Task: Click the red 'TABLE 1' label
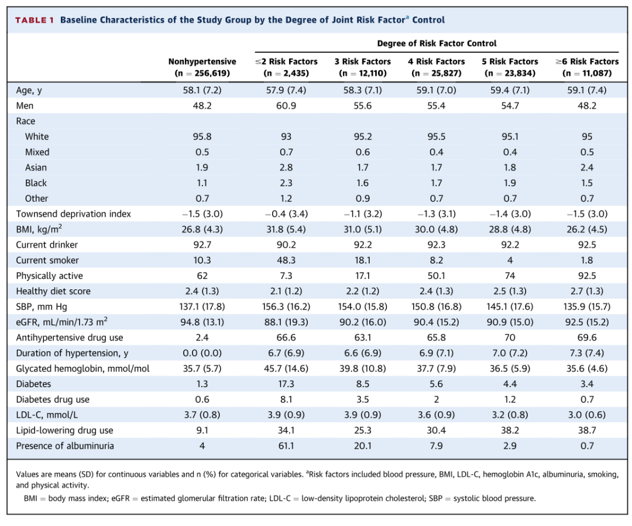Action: tap(35, 20)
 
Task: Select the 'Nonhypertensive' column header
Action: tap(202, 62)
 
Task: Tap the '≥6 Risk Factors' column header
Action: tap(587, 62)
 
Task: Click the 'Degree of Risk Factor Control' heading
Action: tap(437, 43)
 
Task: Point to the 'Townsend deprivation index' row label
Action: tap(73, 214)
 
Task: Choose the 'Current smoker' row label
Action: tap(47, 260)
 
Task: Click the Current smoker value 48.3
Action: tap(286, 260)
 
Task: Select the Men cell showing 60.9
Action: tap(286, 105)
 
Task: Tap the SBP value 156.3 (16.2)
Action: tap(286, 306)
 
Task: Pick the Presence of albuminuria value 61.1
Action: tap(286, 446)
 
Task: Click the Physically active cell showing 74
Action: tap(510, 275)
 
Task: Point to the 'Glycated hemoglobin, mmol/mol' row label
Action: tap(83, 368)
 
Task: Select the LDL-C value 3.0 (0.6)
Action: tap(587, 415)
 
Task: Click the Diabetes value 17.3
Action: tap(286, 384)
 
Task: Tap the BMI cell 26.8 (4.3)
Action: tap(202, 230)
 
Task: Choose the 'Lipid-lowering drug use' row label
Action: tap(64, 431)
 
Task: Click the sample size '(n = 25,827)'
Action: tap(437, 73)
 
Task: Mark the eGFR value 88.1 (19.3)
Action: tap(286, 322)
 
